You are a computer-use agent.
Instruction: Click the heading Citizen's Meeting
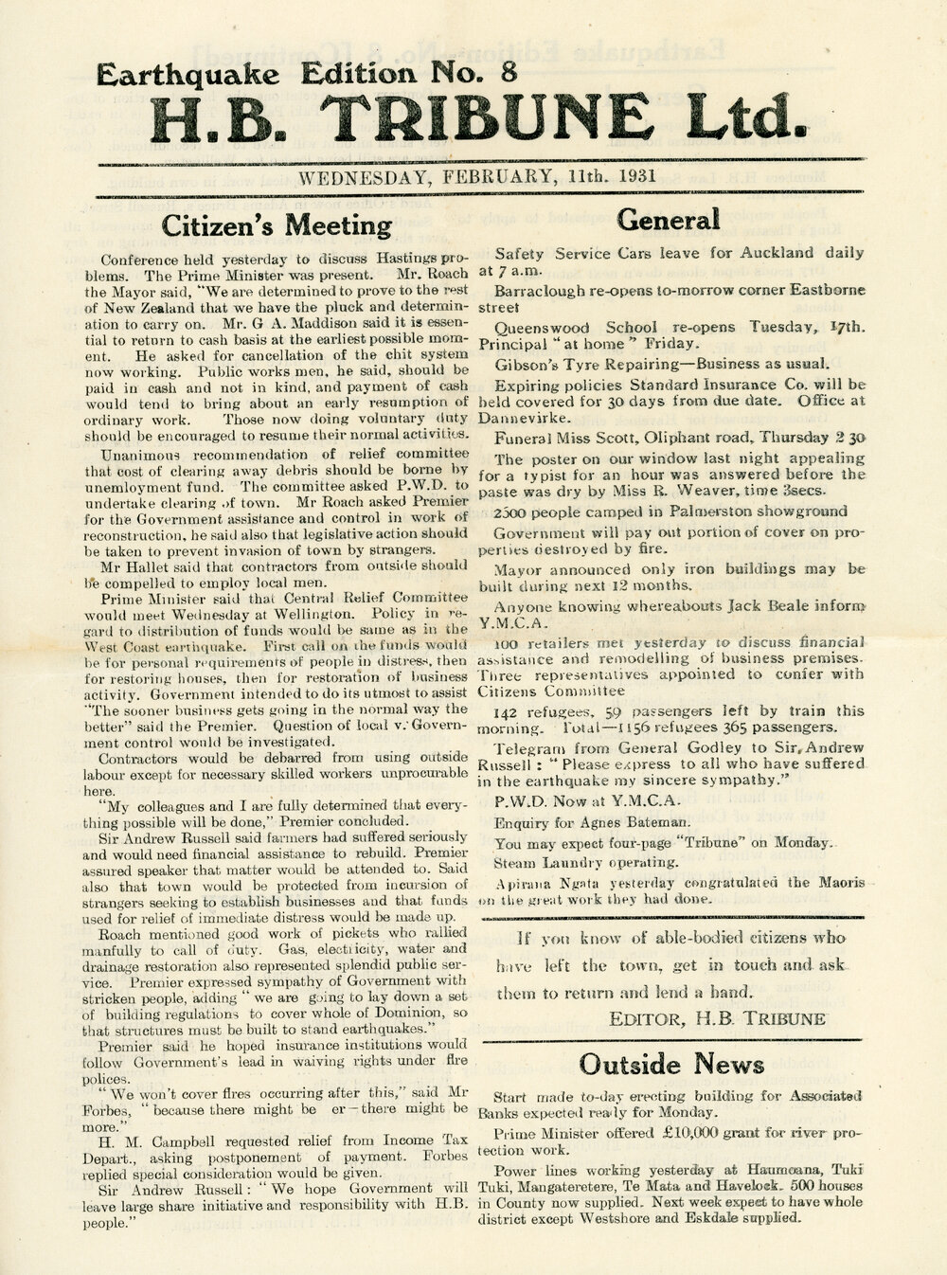pyautogui.click(x=277, y=226)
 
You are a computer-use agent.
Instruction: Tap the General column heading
pyautogui.click(x=669, y=220)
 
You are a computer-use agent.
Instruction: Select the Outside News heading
pyautogui.click(x=672, y=1064)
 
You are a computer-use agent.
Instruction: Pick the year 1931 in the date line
pyautogui.click(x=629, y=176)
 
